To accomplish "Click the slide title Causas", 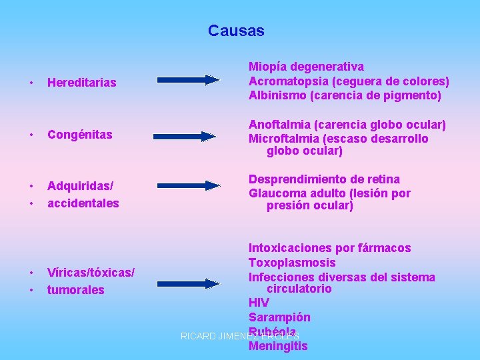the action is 236,31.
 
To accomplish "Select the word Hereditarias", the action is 81,83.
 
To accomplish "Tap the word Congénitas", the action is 79,135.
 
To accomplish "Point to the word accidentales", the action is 83,203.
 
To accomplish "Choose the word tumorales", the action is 75,290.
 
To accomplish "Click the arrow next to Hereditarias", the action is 188,80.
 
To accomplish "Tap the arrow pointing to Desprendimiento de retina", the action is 188,187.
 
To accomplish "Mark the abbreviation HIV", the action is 259,303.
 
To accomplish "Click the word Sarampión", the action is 279,317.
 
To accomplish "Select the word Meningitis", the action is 278,346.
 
